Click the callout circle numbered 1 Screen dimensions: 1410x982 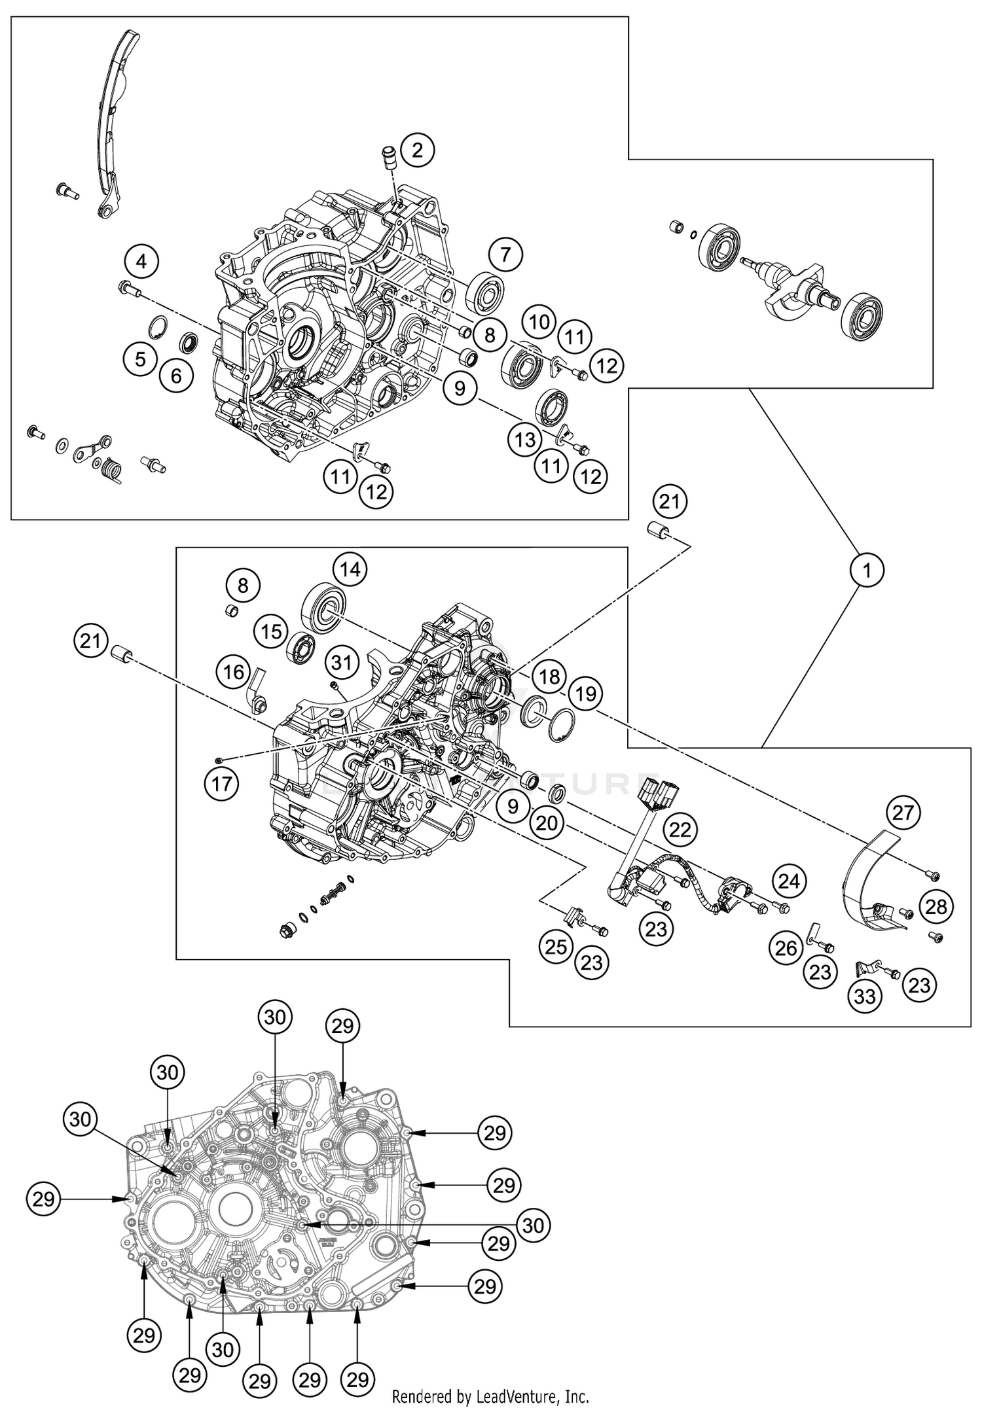(x=867, y=571)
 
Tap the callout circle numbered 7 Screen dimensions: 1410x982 (x=505, y=255)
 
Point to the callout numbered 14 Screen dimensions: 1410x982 (x=350, y=569)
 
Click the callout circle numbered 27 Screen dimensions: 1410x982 (x=903, y=813)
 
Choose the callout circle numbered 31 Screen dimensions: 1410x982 (x=341, y=662)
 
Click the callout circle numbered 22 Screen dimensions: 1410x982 (x=680, y=830)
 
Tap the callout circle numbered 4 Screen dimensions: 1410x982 (x=142, y=262)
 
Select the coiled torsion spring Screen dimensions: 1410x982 (x=113, y=468)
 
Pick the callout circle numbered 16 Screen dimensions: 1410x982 (x=234, y=672)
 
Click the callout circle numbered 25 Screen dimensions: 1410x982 (x=556, y=946)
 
